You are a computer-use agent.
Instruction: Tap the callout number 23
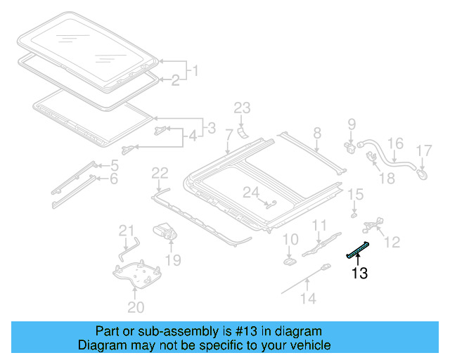[242, 108]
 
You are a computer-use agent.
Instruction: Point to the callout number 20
[136, 307]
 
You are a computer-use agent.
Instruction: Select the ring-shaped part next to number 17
[423, 170]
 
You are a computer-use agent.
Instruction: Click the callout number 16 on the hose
[396, 144]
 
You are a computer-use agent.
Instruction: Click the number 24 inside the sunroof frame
[251, 192]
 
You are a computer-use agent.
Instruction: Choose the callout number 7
[229, 134]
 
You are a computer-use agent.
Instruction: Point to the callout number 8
[317, 132]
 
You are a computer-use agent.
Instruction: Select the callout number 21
[126, 230]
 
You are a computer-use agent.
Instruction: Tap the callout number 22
[160, 173]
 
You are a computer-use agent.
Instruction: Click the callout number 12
[392, 242]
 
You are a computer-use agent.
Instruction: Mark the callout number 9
[352, 126]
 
